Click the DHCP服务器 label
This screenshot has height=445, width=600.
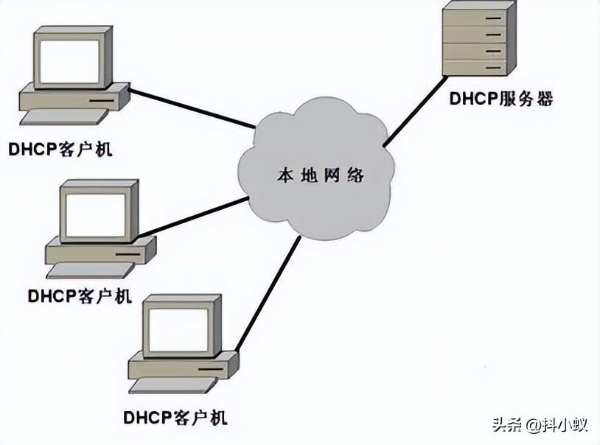pyautogui.click(x=500, y=99)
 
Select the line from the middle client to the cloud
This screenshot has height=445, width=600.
pyautogui.click(x=193, y=217)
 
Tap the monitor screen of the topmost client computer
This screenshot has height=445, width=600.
pyautogui.click(x=69, y=60)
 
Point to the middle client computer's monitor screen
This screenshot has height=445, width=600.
pyautogui.click(x=94, y=215)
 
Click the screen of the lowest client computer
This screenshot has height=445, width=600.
pyautogui.click(x=177, y=329)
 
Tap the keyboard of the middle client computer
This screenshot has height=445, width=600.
pyautogui.click(x=86, y=272)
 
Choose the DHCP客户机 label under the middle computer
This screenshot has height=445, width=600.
pyautogui.click(x=80, y=296)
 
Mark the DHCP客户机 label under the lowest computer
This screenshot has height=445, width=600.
pyautogui.click(x=175, y=417)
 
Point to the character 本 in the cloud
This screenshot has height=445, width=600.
pyautogui.click(x=285, y=176)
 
